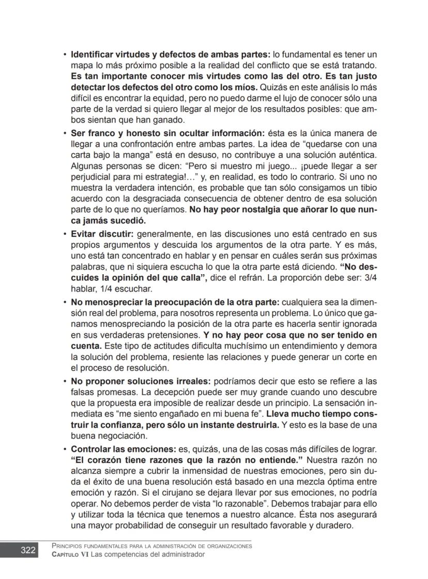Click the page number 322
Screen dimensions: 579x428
point(28,550)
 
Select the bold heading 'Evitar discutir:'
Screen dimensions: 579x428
point(102,234)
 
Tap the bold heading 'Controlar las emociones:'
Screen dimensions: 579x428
point(124,448)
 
